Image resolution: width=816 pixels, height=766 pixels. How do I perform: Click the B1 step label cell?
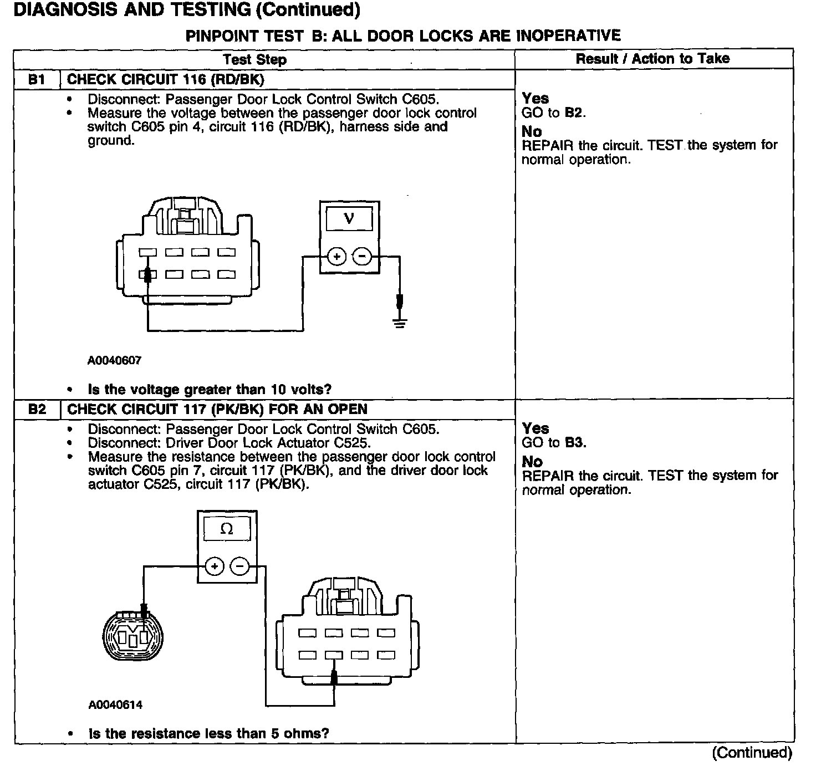[x=37, y=79]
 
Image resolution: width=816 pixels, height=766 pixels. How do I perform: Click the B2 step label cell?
[x=37, y=410]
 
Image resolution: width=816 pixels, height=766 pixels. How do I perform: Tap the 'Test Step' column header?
[x=254, y=59]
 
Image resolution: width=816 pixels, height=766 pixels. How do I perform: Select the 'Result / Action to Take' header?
[x=652, y=59]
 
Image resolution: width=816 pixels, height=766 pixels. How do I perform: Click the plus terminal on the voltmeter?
[x=337, y=257]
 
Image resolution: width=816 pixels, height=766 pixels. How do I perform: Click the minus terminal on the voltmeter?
[x=362, y=257]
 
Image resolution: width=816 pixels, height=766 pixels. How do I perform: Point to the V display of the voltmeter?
[x=349, y=217]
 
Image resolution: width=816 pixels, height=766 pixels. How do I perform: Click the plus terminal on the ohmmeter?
[x=215, y=566]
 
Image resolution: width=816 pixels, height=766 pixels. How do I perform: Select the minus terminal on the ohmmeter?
[x=239, y=566]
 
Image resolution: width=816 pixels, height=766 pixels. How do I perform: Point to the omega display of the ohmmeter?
[x=227, y=529]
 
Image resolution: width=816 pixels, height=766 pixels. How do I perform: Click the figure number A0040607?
[x=115, y=360]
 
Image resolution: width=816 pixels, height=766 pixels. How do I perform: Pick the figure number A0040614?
[x=115, y=705]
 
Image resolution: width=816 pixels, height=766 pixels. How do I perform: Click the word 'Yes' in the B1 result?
[x=535, y=99]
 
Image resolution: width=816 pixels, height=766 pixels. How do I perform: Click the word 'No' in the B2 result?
[x=532, y=462]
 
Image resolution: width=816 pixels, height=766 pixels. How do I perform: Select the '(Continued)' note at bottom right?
[x=752, y=752]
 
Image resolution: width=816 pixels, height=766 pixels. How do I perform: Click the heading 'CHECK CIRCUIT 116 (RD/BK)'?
[x=165, y=79]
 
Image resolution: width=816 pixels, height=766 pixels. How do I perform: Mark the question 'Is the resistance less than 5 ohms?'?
[x=208, y=733]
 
